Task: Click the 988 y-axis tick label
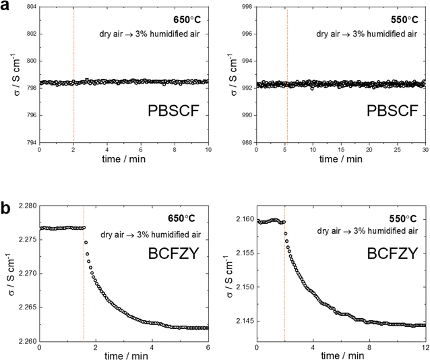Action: click(245, 142)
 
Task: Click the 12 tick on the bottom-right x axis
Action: click(424, 349)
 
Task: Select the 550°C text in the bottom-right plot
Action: click(403, 219)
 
